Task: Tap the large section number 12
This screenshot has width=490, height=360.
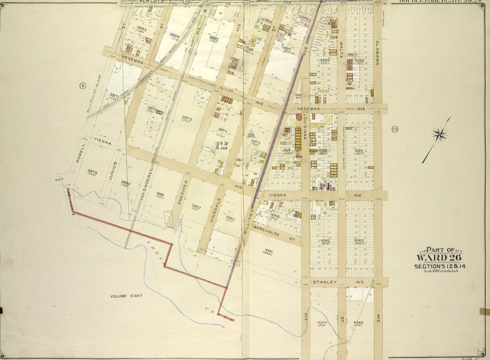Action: [222, 146]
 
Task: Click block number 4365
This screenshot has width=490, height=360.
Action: [358, 323]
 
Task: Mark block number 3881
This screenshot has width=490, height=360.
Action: [160, 194]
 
